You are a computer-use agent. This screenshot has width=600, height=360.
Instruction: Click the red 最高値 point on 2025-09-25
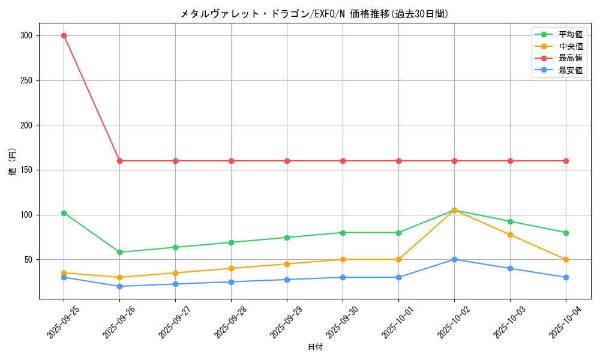click(64, 35)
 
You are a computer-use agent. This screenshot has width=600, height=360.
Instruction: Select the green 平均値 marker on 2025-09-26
click(119, 252)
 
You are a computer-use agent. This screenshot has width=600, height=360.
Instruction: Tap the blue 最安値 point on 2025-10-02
click(454, 259)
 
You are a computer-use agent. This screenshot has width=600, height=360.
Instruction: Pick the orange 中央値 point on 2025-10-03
click(510, 235)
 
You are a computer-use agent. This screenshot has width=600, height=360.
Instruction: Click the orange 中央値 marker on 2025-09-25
click(64, 273)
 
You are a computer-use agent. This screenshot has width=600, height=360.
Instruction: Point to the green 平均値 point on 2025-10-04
click(566, 233)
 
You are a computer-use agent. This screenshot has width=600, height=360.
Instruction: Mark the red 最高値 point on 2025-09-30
click(343, 161)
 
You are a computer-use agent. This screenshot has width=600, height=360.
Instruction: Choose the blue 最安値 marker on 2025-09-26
click(119, 286)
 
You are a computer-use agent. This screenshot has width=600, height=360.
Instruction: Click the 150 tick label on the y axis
click(28, 170)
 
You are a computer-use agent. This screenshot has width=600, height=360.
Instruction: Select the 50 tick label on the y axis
click(29, 260)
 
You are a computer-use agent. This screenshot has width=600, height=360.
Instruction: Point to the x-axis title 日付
click(315, 347)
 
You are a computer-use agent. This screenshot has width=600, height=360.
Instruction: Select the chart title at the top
click(315, 14)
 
